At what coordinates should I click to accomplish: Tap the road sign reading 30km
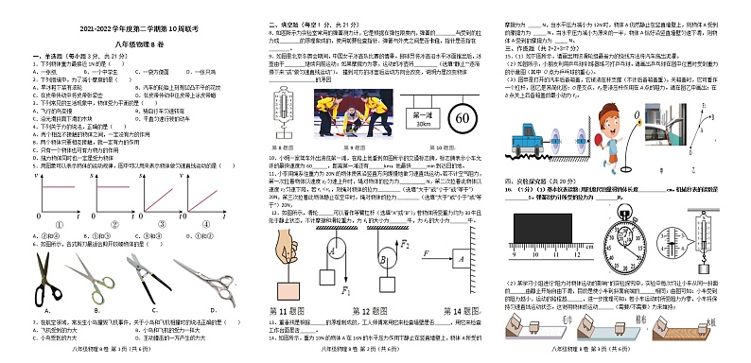click(418, 118)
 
